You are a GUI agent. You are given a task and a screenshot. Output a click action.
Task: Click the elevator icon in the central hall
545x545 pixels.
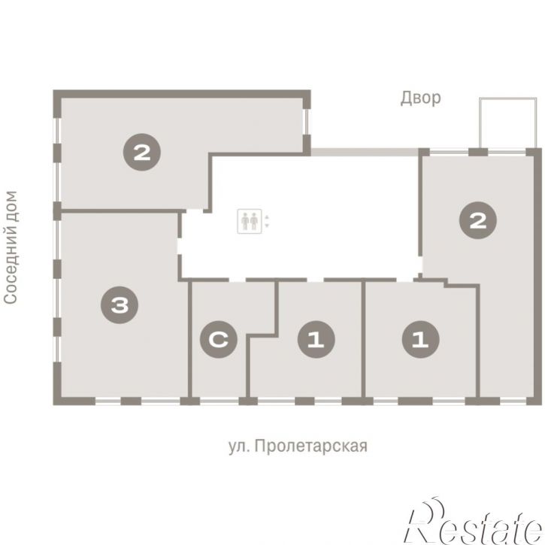(x=250, y=222)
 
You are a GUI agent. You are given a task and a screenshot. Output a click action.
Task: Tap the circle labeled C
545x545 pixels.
(x=219, y=340)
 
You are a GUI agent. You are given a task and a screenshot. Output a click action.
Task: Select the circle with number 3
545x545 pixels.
(x=120, y=305)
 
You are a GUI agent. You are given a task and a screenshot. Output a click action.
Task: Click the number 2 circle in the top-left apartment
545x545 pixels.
(x=142, y=153)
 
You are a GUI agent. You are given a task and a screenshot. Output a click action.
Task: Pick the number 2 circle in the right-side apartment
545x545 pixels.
(x=478, y=220)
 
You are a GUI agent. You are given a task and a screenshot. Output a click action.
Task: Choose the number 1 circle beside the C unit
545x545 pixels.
(x=316, y=340)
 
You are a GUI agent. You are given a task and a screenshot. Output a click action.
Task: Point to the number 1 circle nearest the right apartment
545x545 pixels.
(x=420, y=340)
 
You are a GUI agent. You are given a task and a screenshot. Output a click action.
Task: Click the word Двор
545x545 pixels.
(x=420, y=98)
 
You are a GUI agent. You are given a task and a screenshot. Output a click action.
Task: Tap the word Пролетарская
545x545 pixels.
(x=310, y=446)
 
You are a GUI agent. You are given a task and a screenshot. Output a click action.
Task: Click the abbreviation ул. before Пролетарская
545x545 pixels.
(x=240, y=447)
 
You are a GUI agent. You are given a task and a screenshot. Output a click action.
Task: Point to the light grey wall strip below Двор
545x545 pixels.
(x=365, y=152)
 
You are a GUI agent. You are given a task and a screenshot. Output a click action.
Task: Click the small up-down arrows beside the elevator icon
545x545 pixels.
(x=267, y=222)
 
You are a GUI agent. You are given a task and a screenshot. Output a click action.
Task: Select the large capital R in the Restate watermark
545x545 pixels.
(x=425, y=522)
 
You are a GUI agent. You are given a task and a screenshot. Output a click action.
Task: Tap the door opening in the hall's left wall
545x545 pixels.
(x=180, y=246)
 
